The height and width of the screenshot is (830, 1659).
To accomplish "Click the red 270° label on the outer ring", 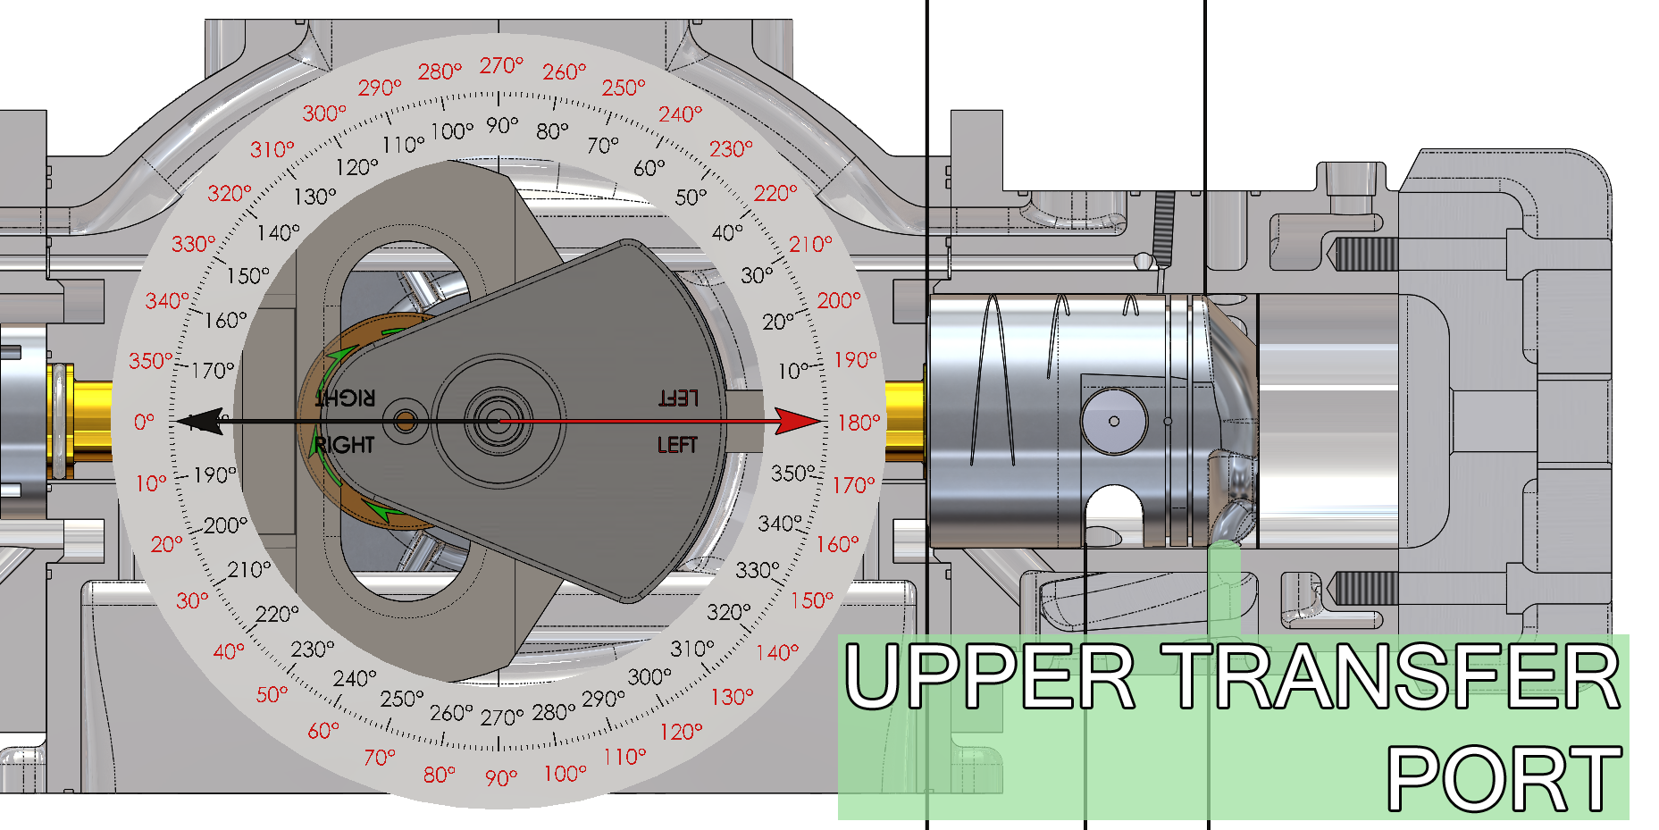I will (501, 65).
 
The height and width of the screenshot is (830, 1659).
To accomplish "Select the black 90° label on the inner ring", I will (502, 125).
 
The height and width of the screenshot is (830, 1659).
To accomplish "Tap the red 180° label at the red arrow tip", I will (859, 422).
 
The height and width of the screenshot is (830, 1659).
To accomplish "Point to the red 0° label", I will (144, 421).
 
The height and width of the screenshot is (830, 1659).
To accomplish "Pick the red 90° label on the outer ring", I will (501, 777).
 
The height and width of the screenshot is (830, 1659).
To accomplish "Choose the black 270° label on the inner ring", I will (502, 717).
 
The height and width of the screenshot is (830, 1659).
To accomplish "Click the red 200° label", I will (839, 300).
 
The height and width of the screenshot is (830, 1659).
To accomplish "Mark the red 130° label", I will (733, 696).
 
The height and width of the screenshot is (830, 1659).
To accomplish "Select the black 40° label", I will (727, 232).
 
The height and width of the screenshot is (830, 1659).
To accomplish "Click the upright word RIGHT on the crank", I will (345, 445).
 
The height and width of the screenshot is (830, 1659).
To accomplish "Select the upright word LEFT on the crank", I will (677, 445).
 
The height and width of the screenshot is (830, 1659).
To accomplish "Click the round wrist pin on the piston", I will (1114, 421).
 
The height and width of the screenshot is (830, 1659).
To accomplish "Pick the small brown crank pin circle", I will (406, 421).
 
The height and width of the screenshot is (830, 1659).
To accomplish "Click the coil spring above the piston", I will (1164, 228).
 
